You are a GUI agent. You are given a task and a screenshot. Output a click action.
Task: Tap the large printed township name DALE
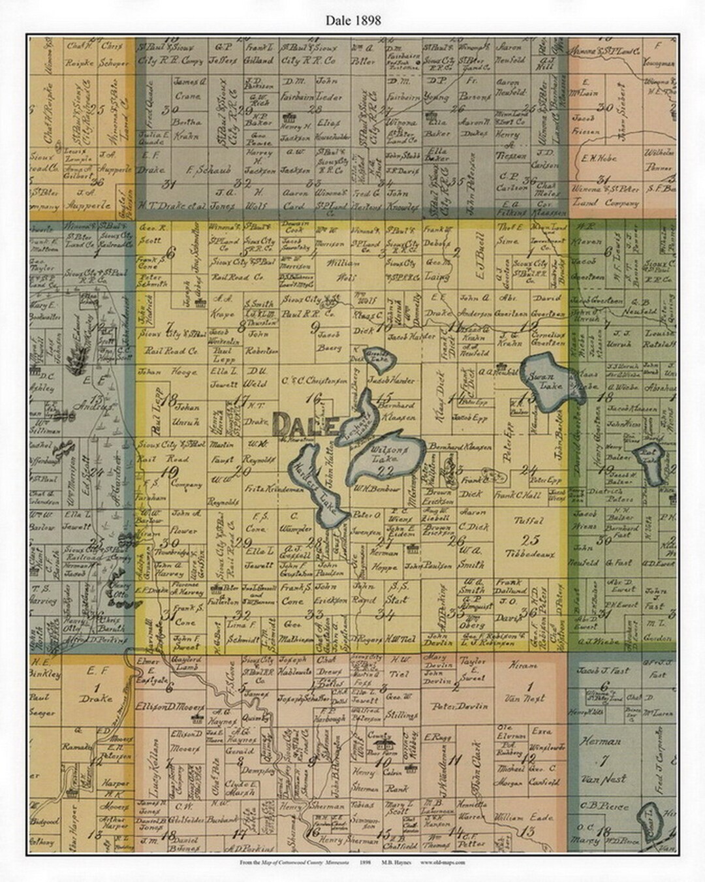tap(305, 426)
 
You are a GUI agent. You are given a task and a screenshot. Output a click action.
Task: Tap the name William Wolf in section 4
tap(343, 270)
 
